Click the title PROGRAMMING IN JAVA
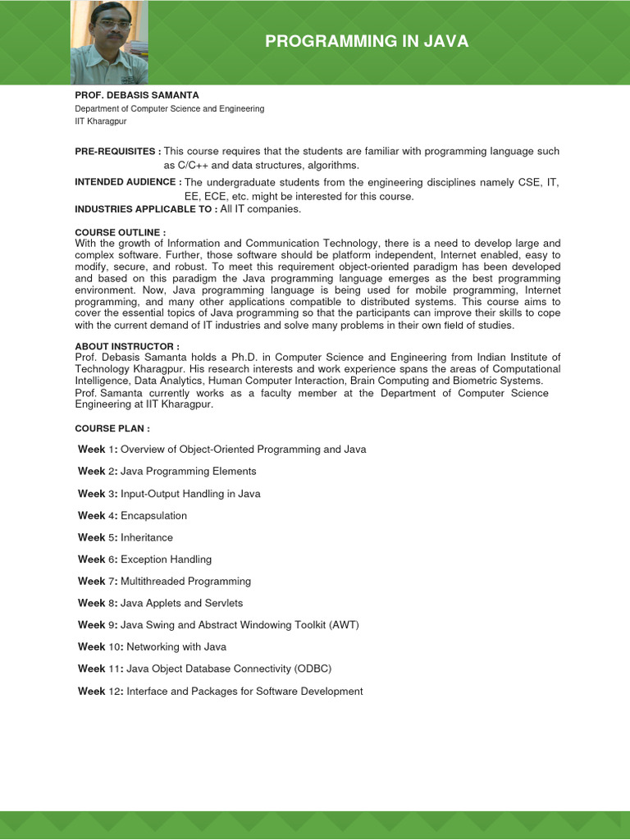pos(367,42)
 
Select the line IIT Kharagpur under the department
pos(101,121)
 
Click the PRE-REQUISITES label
pos(117,151)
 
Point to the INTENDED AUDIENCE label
pos(128,182)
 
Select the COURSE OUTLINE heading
pos(121,233)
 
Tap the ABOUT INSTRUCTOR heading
pos(127,346)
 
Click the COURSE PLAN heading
pos(112,428)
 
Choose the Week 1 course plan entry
pos(221,450)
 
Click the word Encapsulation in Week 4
pos(154,516)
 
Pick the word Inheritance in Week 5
pos(147,537)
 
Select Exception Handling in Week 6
pos(167,559)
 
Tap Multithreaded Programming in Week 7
pos(186,581)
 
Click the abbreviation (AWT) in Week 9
pos(344,625)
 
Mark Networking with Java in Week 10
pos(176,647)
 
